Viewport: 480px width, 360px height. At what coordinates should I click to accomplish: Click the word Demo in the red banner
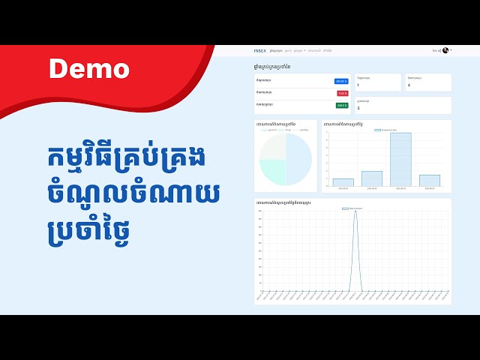click(x=89, y=69)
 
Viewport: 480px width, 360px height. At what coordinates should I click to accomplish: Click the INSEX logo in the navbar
click(x=259, y=50)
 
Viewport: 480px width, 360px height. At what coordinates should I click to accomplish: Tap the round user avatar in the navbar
click(x=445, y=50)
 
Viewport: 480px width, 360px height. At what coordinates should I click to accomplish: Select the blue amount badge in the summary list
click(x=341, y=81)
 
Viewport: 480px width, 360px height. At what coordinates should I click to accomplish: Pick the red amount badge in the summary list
click(x=343, y=93)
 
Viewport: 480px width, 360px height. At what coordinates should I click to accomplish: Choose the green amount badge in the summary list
click(x=342, y=105)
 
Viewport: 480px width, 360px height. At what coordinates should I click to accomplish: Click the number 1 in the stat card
click(x=358, y=85)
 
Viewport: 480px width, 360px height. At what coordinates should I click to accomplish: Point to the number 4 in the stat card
click(x=409, y=85)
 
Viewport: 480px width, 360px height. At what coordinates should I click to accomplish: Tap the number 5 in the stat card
click(x=358, y=108)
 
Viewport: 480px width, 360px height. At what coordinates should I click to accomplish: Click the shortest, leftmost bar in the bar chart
click(x=343, y=182)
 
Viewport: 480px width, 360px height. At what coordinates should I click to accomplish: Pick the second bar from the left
click(x=372, y=178)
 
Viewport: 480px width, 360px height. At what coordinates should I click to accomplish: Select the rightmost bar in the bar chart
click(x=429, y=180)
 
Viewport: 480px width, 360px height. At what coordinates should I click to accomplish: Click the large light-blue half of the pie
click(x=298, y=158)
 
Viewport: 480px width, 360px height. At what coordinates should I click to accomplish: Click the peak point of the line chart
click(x=355, y=211)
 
